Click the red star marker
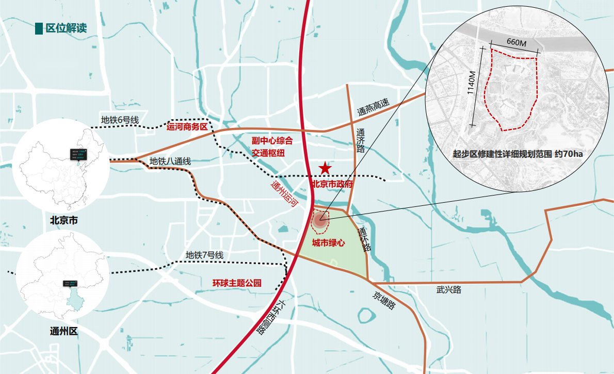tap(325, 168)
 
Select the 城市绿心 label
tap(328, 243)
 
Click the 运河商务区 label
tap(187, 126)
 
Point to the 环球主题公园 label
tap(237, 283)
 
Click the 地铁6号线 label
tap(120, 120)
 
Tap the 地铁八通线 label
tap(170, 161)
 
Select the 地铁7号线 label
tap(204, 255)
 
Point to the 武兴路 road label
tap(449, 290)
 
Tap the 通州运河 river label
tap(284, 194)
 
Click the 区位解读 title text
tap(66, 28)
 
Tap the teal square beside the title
tap(39, 28)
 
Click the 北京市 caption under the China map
tap(64, 220)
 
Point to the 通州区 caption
tap(64, 331)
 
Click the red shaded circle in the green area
tap(320, 220)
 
